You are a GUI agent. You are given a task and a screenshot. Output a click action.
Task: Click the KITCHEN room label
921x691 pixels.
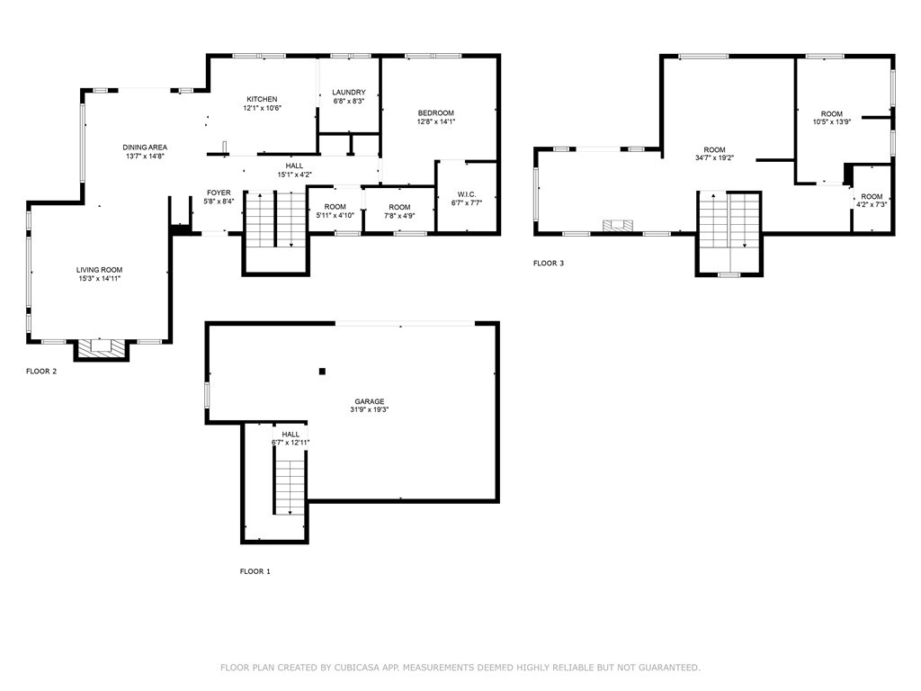coord(262,99)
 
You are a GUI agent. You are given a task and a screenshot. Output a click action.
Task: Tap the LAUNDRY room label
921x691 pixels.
coord(348,93)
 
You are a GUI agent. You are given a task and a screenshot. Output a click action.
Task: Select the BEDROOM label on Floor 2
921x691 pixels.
coord(435,112)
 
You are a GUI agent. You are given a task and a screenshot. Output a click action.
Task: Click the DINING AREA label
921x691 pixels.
coord(146,148)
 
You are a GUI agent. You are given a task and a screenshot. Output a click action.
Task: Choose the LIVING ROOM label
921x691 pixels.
coord(99,270)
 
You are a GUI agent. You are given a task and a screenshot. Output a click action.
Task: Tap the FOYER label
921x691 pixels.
coord(219,193)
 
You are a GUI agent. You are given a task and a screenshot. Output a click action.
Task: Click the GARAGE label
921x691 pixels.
coord(369,401)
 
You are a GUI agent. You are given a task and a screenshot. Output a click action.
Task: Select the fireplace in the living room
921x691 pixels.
coord(99,347)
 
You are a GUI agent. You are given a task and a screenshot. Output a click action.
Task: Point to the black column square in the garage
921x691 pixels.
coord(322,371)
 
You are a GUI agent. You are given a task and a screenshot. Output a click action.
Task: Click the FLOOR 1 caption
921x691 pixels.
coord(255,571)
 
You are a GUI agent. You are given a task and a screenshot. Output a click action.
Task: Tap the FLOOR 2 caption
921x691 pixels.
coord(41,371)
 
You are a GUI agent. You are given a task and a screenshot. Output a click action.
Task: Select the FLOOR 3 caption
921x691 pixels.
coord(549,264)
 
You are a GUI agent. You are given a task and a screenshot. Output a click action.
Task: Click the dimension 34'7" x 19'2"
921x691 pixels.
coord(714,158)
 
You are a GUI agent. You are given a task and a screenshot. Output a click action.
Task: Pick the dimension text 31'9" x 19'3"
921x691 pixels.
coord(369,410)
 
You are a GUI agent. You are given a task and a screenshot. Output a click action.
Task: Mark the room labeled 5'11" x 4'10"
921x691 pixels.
coord(335,211)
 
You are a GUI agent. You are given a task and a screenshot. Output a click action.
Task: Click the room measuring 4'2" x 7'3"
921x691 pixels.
coord(872,201)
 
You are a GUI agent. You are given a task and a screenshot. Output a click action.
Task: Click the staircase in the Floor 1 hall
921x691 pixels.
coord(290,486)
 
